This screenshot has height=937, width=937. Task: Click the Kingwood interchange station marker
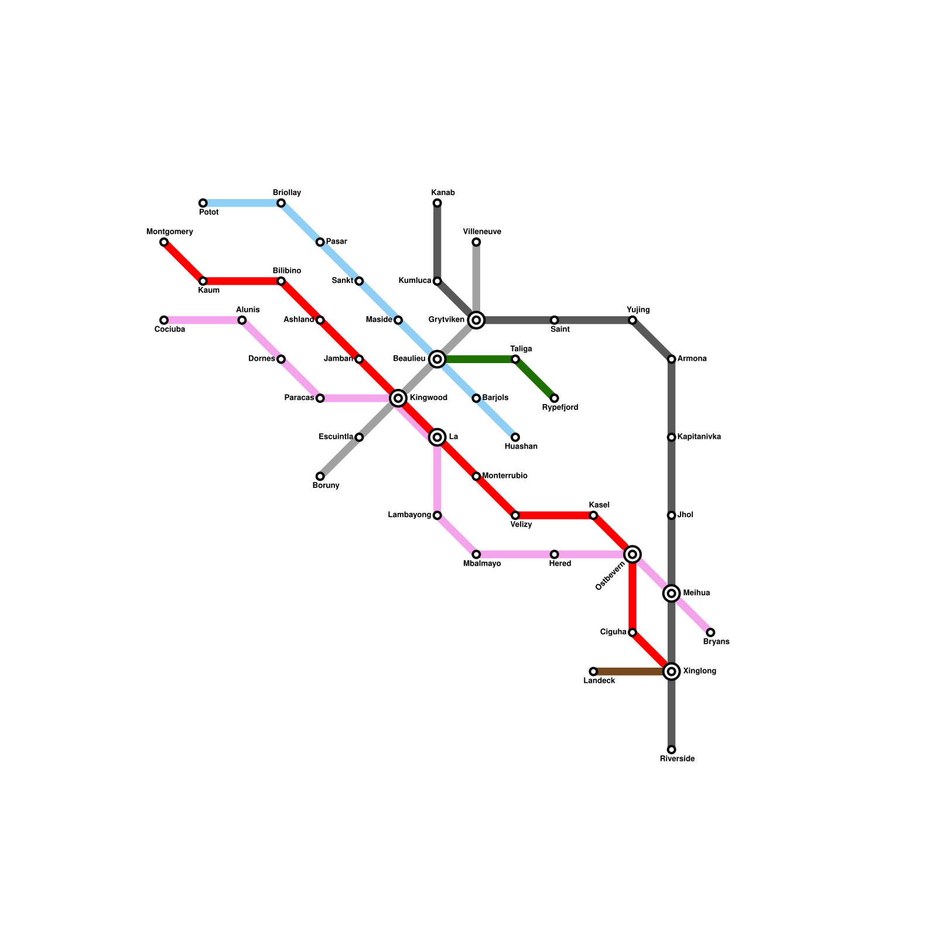[x=398, y=398]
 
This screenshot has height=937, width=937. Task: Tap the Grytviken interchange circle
[x=476, y=320]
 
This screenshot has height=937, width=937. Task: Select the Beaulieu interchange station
[x=437, y=359]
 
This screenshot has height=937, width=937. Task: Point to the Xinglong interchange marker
[x=672, y=672]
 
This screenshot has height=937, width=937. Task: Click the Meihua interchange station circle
[x=672, y=593]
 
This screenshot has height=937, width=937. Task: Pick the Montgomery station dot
[x=164, y=242]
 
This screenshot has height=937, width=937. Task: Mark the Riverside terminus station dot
[x=672, y=750]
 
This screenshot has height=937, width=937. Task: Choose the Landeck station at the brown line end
[x=593, y=672]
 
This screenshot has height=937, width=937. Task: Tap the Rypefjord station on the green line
[x=555, y=398]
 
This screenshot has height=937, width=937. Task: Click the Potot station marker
[x=203, y=203]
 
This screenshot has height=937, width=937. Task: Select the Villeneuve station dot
[x=476, y=242]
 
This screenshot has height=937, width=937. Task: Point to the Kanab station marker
[x=437, y=203]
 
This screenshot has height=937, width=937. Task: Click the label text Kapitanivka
[x=699, y=437]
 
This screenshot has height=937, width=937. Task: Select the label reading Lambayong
[x=409, y=515]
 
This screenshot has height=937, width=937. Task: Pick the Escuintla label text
[x=336, y=437]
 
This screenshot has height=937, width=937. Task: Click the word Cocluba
[x=170, y=330]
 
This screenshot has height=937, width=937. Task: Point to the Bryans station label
[x=716, y=642]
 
